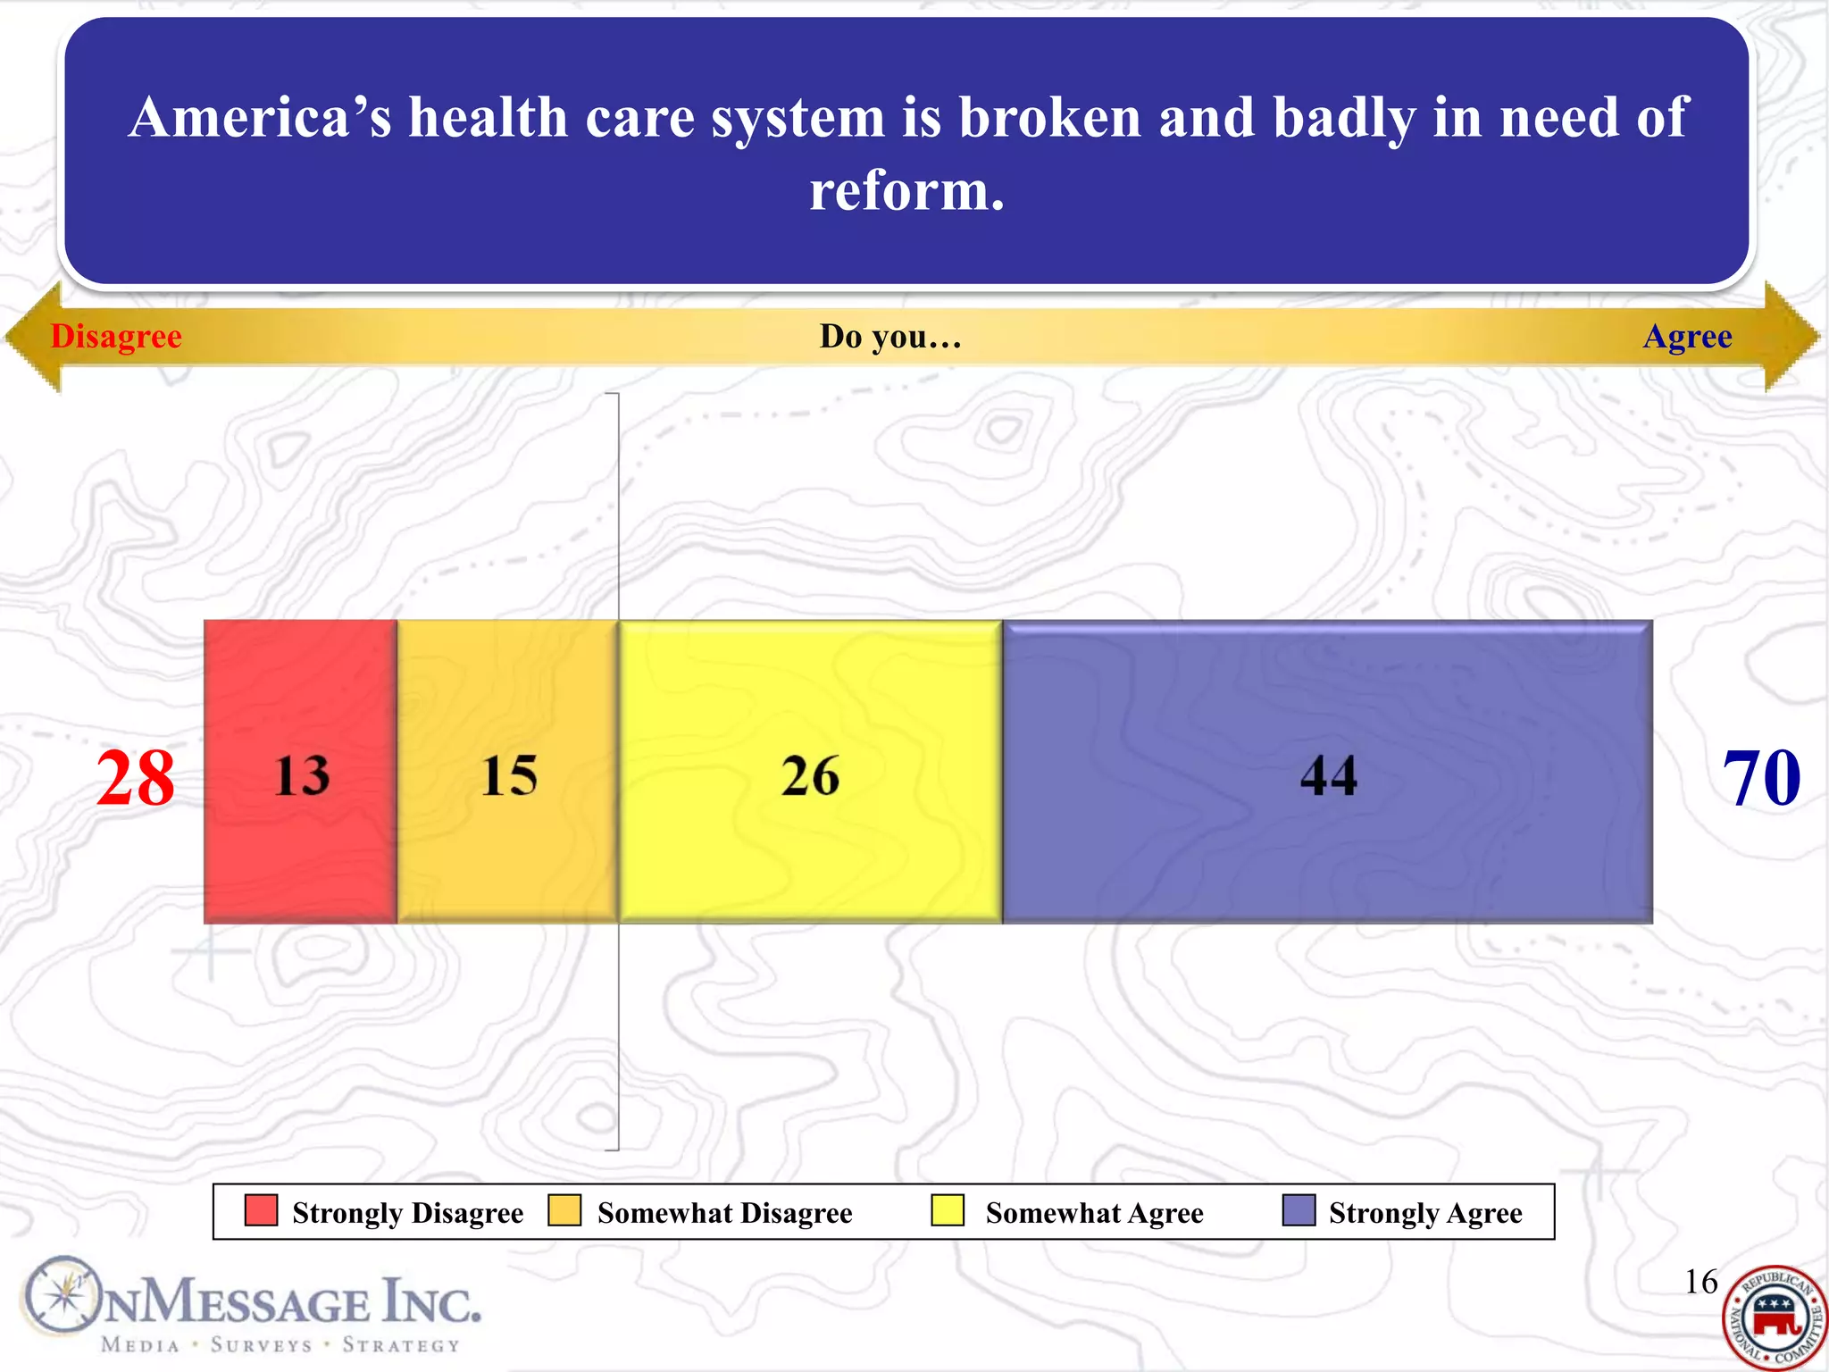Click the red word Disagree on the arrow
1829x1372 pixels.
click(x=116, y=337)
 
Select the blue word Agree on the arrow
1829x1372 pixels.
click(x=1687, y=337)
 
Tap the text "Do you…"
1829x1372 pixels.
click(x=890, y=337)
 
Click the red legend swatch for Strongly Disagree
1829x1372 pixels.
click(x=261, y=1211)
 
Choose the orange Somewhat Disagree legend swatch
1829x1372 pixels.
click(x=564, y=1211)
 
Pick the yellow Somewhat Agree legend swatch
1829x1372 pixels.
click(x=948, y=1211)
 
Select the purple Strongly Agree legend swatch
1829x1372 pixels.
click(x=1299, y=1211)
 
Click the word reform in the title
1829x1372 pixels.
click(x=906, y=191)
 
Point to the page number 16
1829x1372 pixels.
click(x=1700, y=1282)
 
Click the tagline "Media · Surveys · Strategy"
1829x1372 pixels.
click(x=280, y=1345)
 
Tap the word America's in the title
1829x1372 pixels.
click(x=260, y=118)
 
